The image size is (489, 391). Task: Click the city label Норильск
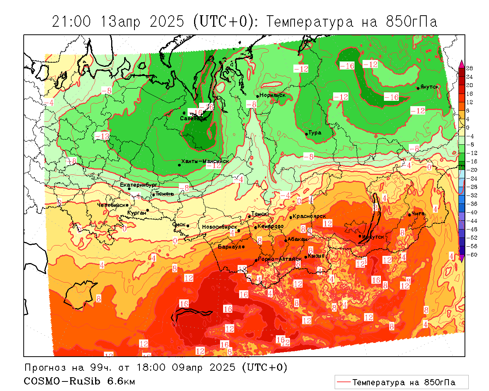pyautogui.click(x=272, y=95)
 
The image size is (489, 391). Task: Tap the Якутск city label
pyautogui.click(x=430, y=87)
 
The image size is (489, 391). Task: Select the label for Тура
pyautogui.click(x=315, y=133)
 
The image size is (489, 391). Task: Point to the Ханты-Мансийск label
pyautogui.click(x=205, y=161)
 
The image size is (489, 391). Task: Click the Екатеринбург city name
pyautogui.click(x=139, y=185)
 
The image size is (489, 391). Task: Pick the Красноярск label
pyautogui.click(x=309, y=216)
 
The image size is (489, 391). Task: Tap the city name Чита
pyautogui.click(x=418, y=214)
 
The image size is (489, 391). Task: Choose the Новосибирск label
pyautogui.click(x=219, y=227)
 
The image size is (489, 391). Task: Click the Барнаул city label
pyautogui.click(x=229, y=247)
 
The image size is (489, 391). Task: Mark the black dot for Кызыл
pyautogui.click(x=306, y=257)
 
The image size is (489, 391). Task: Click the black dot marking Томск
pyautogui.click(x=249, y=217)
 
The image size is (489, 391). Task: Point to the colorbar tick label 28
pyautogui.click(x=470, y=68)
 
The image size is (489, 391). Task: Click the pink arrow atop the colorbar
pyautogui.click(x=461, y=63)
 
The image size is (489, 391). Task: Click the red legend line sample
pyautogui.click(x=343, y=382)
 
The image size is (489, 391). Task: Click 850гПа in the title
pyautogui.click(x=411, y=22)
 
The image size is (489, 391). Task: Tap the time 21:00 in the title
pyautogui.click(x=71, y=22)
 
